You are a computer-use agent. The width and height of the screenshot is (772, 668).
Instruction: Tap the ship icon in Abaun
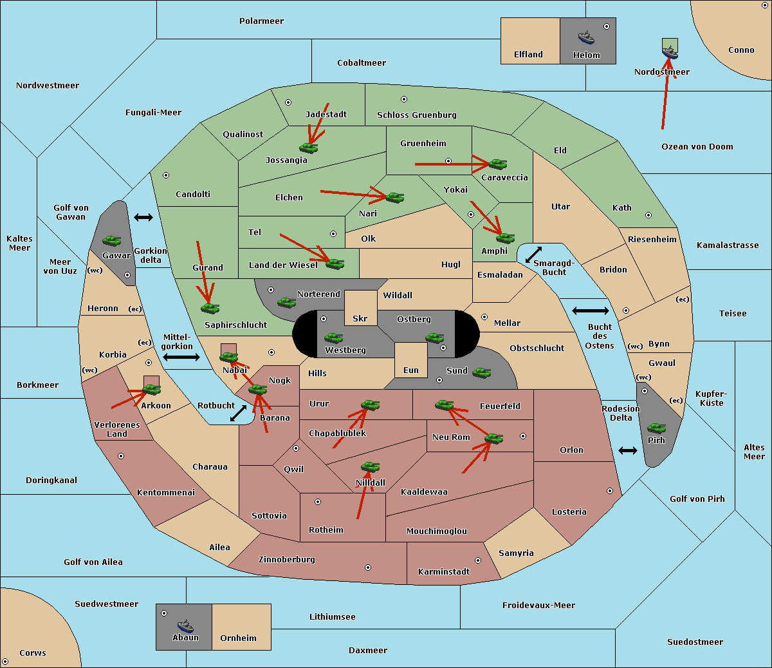[x=186, y=625]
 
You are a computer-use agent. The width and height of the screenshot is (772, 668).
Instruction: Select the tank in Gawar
[x=111, y=240]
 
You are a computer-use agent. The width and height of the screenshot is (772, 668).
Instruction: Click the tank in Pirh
[x=656, y=428]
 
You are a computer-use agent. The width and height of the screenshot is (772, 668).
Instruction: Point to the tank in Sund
[x=481, y=373]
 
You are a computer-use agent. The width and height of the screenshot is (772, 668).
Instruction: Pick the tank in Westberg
[x=333, y=338]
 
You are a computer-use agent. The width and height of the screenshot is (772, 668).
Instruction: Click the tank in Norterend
[x=286, y=303]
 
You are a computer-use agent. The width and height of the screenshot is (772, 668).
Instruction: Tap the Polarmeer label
[x=261, y=21]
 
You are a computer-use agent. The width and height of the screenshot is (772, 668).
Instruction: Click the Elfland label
[x=528, y=55]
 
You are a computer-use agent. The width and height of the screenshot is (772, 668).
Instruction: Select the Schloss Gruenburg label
[x=417, y=115]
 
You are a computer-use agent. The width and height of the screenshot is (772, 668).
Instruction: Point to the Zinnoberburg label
[x=287, y=560]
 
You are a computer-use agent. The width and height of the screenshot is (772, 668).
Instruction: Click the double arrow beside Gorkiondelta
[x=143, y=217]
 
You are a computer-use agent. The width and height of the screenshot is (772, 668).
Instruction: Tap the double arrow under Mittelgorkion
[x=181, y=357]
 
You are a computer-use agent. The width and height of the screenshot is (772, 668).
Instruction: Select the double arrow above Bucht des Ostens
[x=591, y=310]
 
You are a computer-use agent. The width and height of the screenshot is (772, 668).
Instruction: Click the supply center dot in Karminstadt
[x=478, y=560]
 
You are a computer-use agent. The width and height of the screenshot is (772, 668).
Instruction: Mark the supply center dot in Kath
[x=648, y=215]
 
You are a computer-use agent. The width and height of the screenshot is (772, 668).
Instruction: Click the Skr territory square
[x=360, y=308]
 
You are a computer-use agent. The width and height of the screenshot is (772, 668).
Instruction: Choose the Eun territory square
[x=411, y=360]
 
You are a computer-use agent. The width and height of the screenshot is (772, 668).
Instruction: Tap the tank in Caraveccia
[x=497, y=164]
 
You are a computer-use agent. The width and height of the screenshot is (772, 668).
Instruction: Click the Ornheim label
[x=238, y=638]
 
